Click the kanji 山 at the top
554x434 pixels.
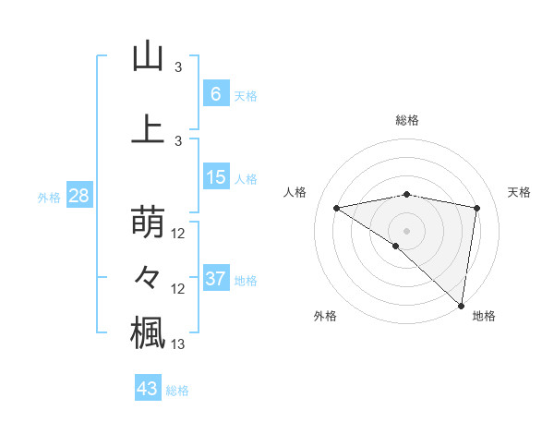(148, 56)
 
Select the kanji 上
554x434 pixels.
(148, 128)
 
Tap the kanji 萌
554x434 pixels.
(148, 223)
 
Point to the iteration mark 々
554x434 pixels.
(148, 278)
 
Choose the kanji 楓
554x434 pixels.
(148, 332)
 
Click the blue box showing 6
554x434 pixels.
(215, 94)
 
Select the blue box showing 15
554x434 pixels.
(216, 178)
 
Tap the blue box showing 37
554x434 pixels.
(216, 279)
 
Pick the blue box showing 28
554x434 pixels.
(78, 197)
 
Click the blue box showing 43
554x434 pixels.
(148, 389)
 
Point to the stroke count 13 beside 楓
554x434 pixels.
(179, 344)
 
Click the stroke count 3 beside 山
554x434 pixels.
(179, 67)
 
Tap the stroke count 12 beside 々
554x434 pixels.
(179, 289)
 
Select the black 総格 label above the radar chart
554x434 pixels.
(407, 120)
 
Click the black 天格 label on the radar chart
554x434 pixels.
(519, 192)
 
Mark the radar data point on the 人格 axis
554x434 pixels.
(337, 208)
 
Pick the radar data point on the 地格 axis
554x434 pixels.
(461, 305)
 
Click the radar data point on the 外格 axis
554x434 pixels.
(395, 246)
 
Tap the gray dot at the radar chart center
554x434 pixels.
(406, 230)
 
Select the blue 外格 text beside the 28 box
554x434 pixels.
(48, 198)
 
